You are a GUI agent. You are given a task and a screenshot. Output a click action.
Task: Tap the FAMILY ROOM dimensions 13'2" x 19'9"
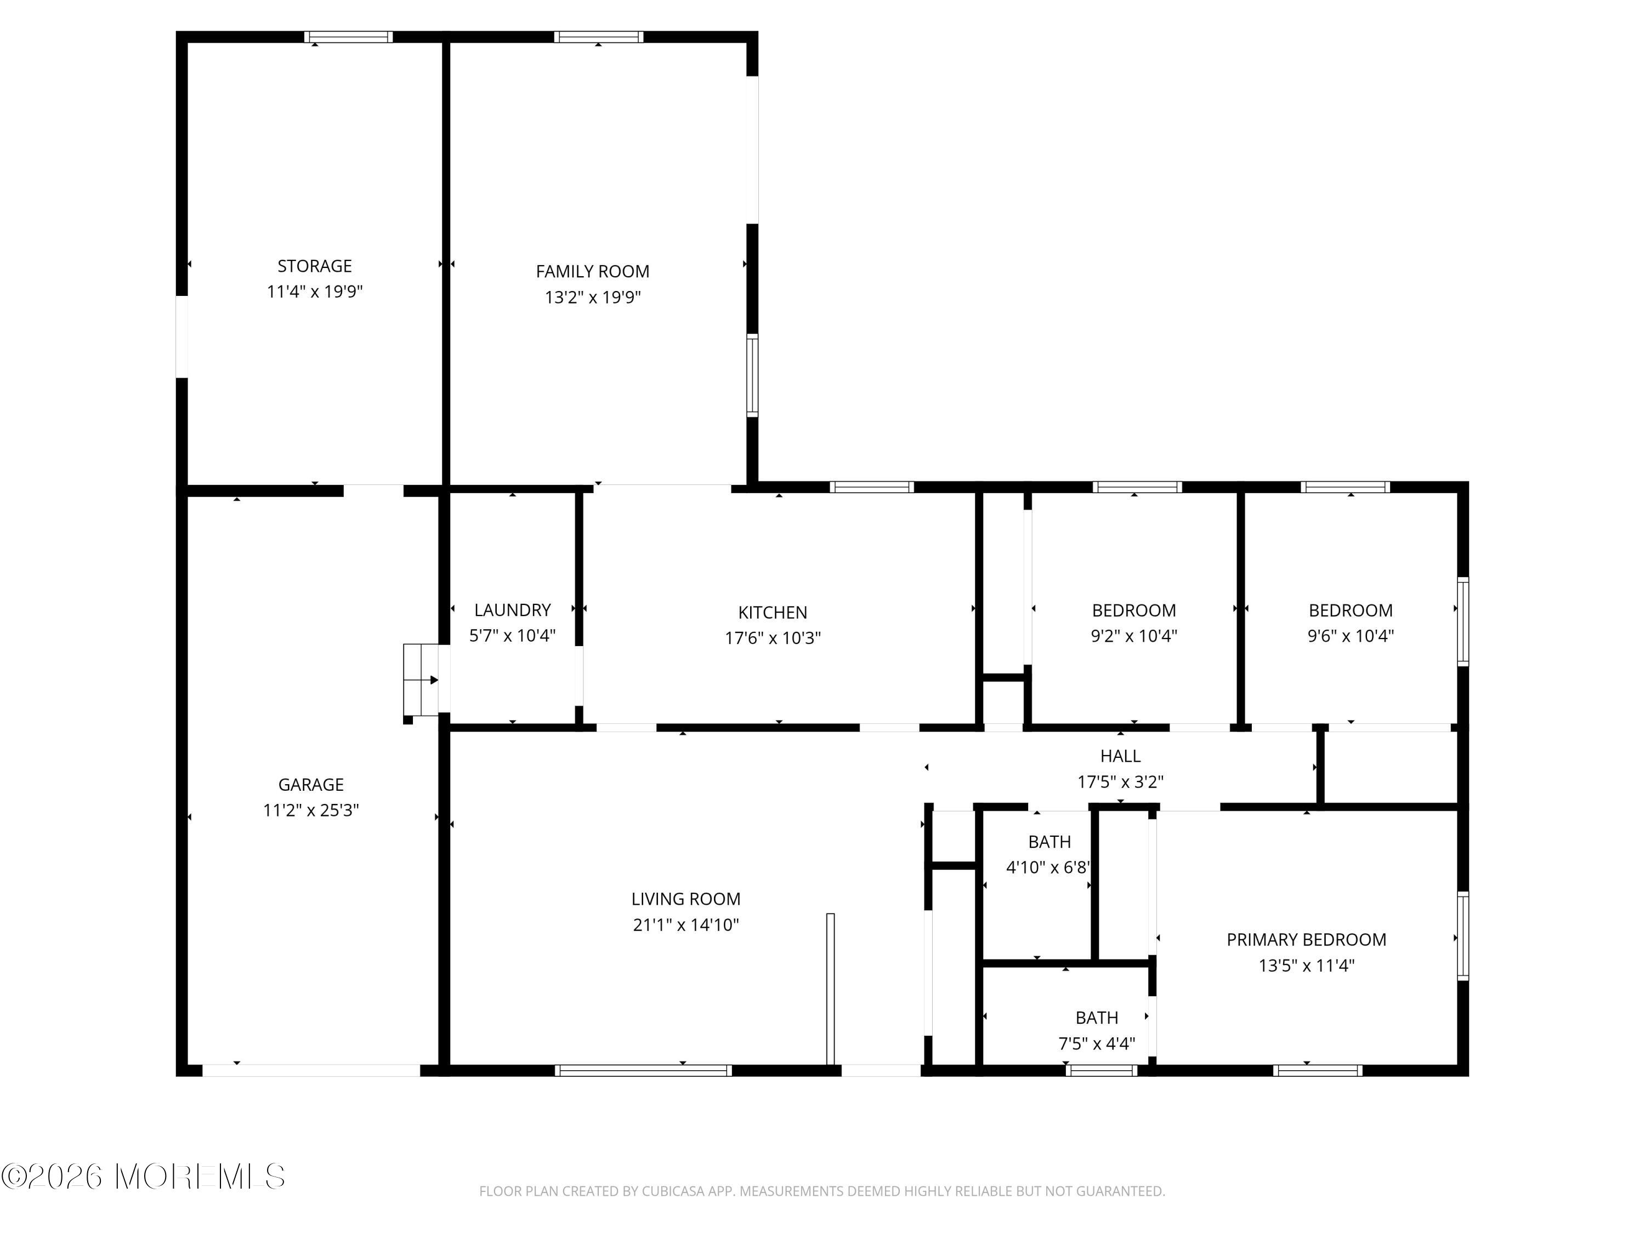[593, 297]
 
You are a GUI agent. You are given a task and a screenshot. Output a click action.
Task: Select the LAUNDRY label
[512, 610]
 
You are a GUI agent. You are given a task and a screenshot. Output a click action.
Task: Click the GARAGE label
[311, 785]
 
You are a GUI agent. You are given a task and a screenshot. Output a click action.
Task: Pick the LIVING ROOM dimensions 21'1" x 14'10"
[685, 924]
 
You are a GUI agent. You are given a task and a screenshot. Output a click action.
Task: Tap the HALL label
[1120, 756]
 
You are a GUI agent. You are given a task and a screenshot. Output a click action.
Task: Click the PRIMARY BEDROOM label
[1306, 939]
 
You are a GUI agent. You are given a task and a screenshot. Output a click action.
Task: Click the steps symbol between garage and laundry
[422, 680]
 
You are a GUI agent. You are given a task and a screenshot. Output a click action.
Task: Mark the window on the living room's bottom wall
[643, 1070]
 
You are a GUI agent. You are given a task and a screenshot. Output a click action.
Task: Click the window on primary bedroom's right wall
[1462, 936]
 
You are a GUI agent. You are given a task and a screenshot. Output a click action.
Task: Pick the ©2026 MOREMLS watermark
[143, 1177]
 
